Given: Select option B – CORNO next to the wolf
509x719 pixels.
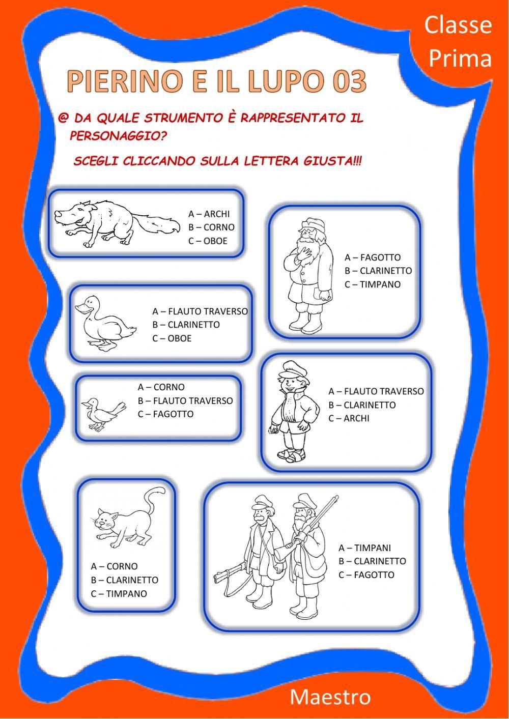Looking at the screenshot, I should point(211,227).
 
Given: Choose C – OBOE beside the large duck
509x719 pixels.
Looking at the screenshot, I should point(172,338).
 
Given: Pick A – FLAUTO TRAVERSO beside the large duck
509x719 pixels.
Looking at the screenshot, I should point(200,311).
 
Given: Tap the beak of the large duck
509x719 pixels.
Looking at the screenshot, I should point(81,308).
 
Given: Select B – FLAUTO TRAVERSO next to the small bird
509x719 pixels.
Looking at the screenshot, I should point(185,401).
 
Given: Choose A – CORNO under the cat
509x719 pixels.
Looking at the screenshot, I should point(114,566).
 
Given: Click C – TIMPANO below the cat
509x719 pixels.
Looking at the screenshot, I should point(119,594).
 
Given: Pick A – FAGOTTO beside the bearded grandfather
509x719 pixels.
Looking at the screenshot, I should point(372,257).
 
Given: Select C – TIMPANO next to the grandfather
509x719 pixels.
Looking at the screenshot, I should point(372,284).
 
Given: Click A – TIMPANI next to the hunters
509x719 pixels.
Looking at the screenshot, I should point(364,548).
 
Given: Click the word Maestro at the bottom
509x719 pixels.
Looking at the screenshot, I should point(330,697).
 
